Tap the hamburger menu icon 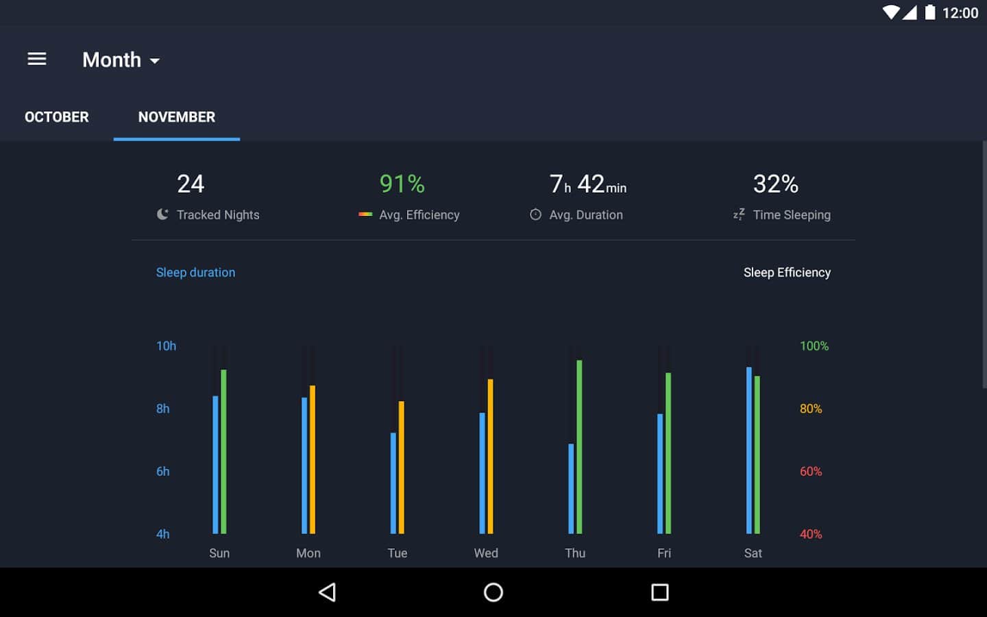pos(37,60)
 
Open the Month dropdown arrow pos(155,61)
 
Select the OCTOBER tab pos(57,117)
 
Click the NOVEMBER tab pos(177,117)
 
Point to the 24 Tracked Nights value pos(191,184)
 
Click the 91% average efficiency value pos(402,184)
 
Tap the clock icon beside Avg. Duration pos(535,215)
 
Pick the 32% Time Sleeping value pos(775,184)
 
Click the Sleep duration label pos(195,272)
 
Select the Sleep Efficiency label pos(787,272)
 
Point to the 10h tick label pos(166,346)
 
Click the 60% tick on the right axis pos(811,472)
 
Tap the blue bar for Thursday pos(571,488)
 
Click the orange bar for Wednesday pos(490,456)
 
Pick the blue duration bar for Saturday pos(749,450)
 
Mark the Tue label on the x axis pos(397,553)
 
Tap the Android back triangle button pos(328,592)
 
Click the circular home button pos(493,592)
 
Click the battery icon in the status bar pos(930,12)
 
